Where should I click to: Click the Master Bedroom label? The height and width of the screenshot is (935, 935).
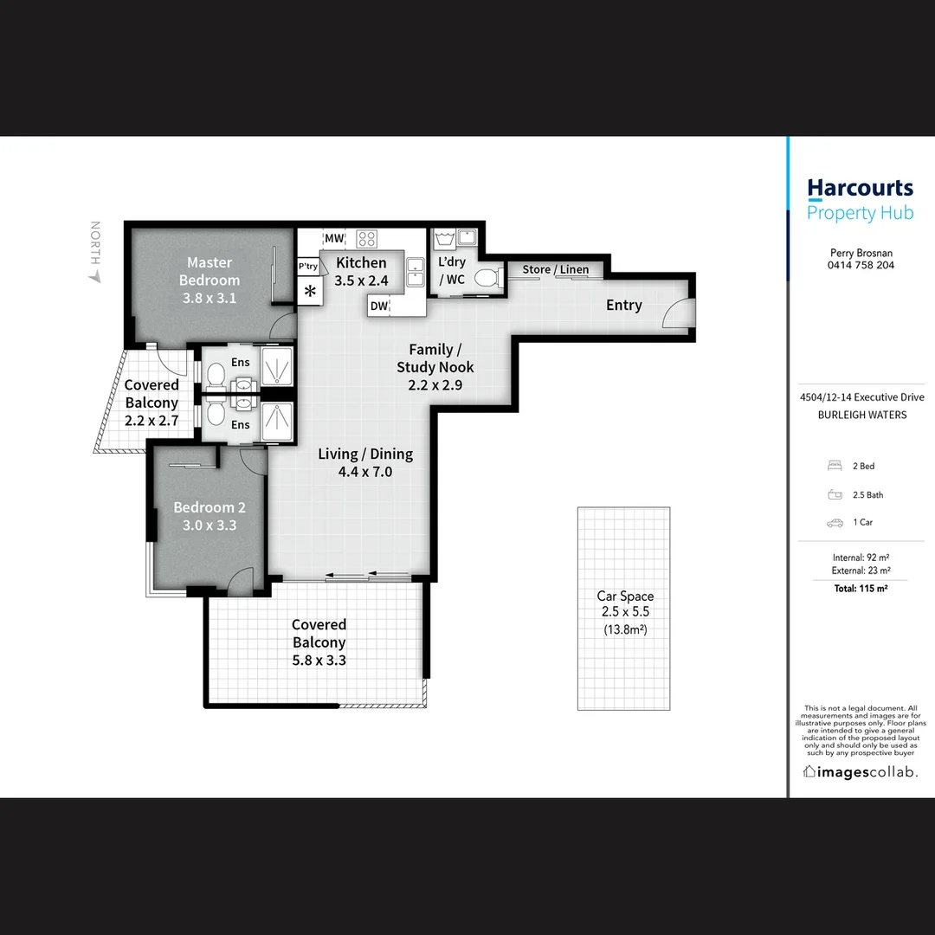[x=210, y=280]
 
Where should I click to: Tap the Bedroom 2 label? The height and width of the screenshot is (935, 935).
[x=204, y=516]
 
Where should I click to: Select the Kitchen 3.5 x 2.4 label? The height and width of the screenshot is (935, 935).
[x=361, y=271]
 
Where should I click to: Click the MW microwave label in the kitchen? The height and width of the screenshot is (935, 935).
[x=334, y=238]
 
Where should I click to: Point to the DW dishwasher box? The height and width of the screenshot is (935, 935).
[x=378, y=305]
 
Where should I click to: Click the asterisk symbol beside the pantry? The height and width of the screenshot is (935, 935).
[x=309, y=291]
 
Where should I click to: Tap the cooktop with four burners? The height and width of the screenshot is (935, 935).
[x=367, y=238]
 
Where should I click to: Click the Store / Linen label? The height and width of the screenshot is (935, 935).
[x=555, y=269]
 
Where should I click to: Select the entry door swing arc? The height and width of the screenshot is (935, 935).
[x=679, y=314]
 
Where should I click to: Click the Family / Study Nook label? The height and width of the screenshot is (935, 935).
[x=435, y=366]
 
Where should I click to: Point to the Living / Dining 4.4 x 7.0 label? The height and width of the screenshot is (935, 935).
[x=365, y=462]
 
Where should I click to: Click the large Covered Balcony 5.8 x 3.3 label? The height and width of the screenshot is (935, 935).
[x=319, y=642]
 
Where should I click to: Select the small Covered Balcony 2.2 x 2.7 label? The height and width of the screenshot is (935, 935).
[x=152, y=403]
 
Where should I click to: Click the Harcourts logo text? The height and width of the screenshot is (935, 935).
[x=859, y=188]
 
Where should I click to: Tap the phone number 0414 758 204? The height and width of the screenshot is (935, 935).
[x=861, y=266]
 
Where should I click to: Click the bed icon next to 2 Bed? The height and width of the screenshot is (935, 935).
[x=835, y=466]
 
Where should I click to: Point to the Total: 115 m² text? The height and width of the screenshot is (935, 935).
[x=861, y=589]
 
